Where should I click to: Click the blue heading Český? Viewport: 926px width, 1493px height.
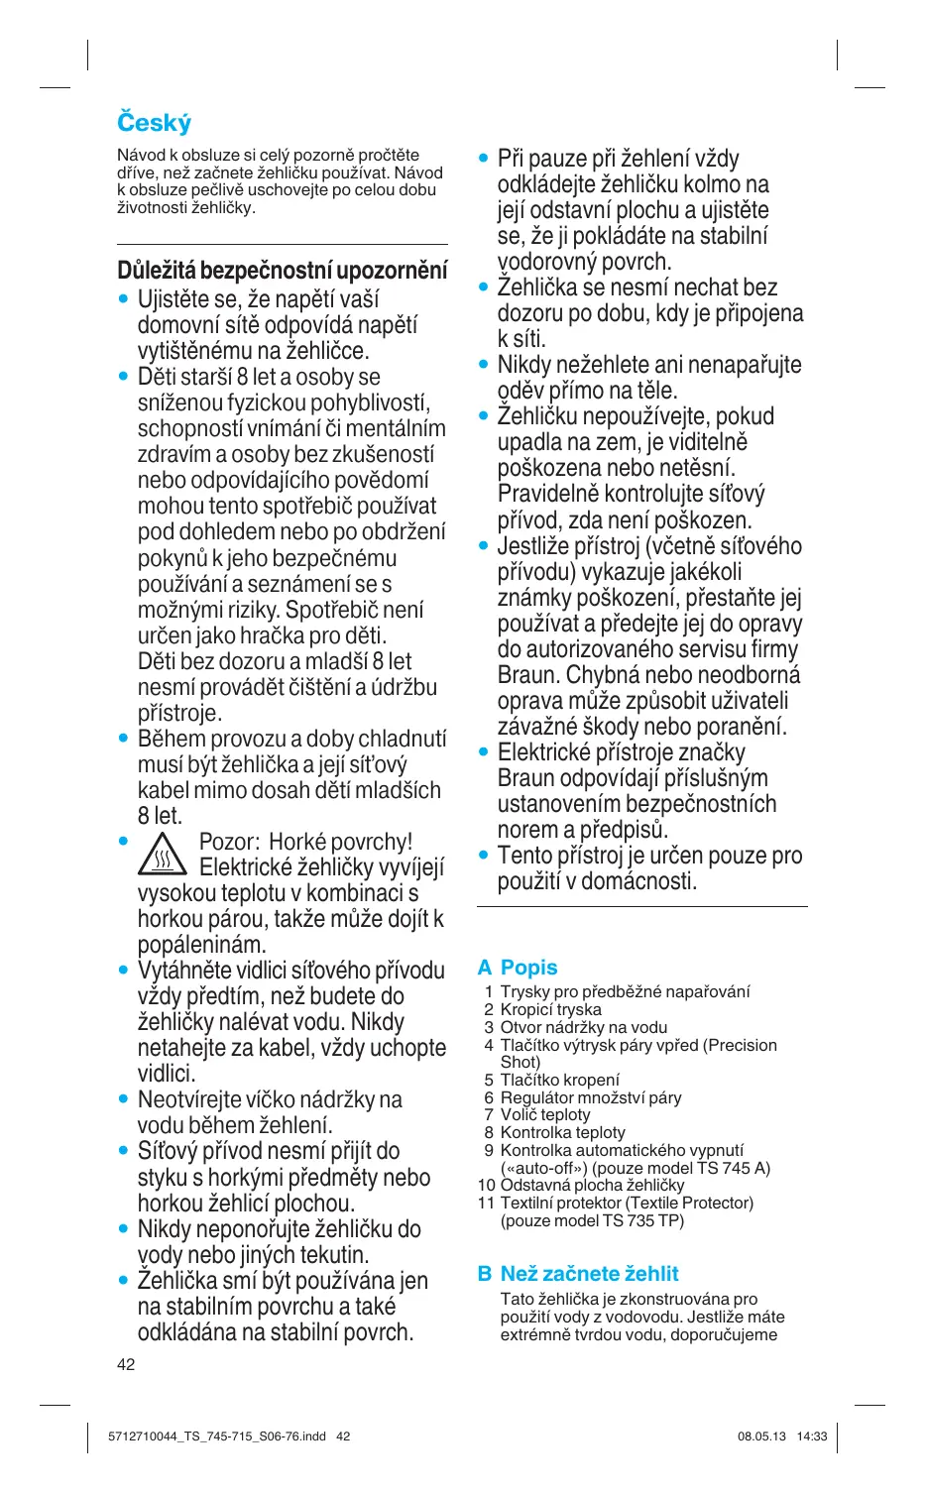(x=154, y=123)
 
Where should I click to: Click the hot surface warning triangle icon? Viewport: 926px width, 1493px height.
(x=162, y=855)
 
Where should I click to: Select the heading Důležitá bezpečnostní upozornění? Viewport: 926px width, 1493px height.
(x=282, y=271)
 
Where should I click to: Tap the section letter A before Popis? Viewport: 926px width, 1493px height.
(x=485, y=968)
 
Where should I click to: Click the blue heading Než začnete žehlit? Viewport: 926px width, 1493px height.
(x=589, y=1274)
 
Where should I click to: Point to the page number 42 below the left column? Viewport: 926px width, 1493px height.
(x=126, y=1364)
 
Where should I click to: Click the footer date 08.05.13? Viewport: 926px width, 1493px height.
(x=761, y=1436)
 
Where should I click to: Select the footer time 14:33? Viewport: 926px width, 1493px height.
(x=812, y=1436)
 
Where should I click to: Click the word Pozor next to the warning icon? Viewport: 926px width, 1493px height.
(x=227, y=842)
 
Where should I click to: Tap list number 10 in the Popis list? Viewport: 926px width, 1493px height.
(x=486, y=1185)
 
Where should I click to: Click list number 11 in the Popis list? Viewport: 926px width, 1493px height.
(x=486, y=1203)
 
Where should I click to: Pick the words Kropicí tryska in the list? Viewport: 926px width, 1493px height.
(x=550, y=1009)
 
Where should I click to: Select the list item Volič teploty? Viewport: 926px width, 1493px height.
(x=544, y=1114)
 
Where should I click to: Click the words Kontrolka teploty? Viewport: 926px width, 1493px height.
(x=562, y=1132)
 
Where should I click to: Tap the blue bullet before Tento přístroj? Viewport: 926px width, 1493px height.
(x=484, y=855)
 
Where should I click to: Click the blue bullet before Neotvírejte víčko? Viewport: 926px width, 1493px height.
(x=123, y=1098)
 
